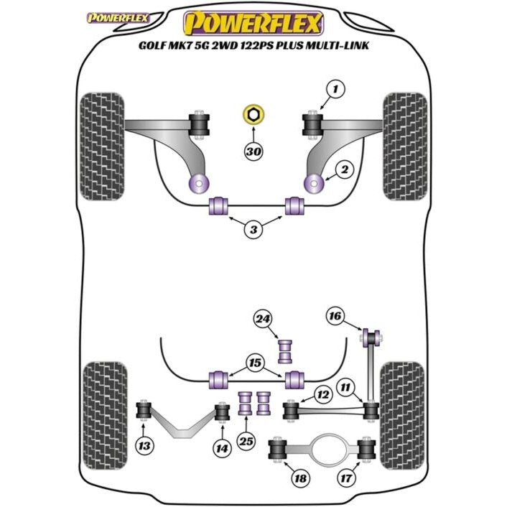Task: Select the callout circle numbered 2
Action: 345,170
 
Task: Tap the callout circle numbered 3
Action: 253,230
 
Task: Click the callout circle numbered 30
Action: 253,152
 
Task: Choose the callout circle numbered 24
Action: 262,320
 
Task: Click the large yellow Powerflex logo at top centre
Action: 252,23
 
